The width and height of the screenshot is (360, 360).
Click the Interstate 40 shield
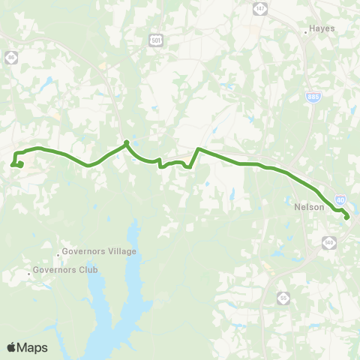pyautogui.click(x=340, y=200)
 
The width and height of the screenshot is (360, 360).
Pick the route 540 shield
pyautogui.click(x=328, y=241)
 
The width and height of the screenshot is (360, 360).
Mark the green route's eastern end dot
pyautogui.click(x=347, y=217)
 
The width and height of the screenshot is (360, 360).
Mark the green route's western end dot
pyautogui.click(x=20, y=164)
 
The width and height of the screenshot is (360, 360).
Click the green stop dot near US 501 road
pyautogui.click(x=126, y=142)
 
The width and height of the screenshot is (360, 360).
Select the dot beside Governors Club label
pyautogui.click(x=29, y=272)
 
